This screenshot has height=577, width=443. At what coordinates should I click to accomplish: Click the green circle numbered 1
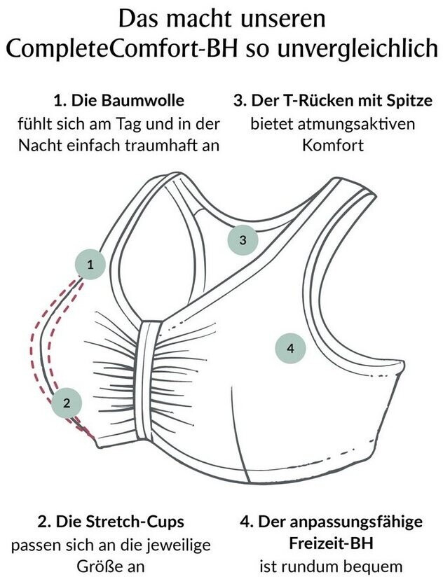click(90, 265)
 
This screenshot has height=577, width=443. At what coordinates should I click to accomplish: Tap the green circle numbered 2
click(67, 402)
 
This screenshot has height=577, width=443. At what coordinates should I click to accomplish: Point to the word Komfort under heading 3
click(332, 146)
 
